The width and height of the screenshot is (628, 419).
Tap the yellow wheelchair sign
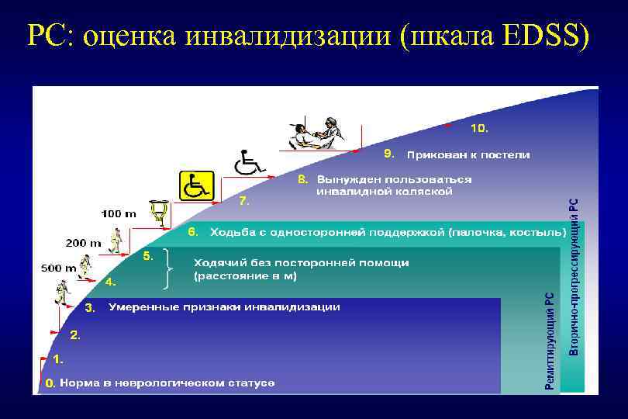196,186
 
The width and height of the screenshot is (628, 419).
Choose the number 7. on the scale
244,201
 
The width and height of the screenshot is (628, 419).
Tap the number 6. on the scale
194,231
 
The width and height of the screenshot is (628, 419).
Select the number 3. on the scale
90,308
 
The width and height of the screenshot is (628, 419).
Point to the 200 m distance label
83,243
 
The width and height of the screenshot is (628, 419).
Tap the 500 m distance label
58,268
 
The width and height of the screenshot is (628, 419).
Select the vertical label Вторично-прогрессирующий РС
574,276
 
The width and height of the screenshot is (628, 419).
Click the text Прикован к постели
469,154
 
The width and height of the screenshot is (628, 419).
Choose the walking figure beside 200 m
116,241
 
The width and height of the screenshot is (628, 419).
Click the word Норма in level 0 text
80,383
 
